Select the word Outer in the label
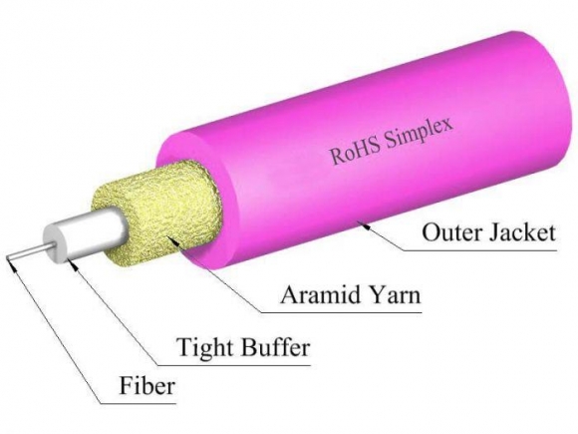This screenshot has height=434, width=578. pyautogui.click(x=445, y=235)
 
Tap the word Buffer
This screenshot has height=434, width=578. pyautogui.click(x=275, y=348)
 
